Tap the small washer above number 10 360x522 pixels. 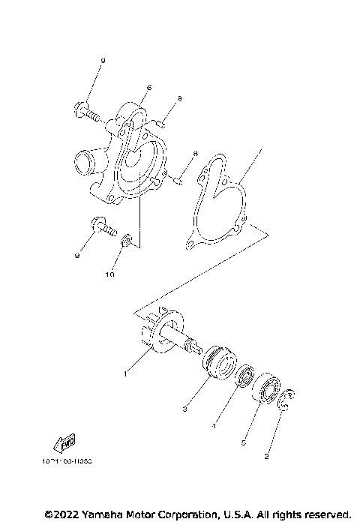(127, 240)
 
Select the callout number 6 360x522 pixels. (149, 88)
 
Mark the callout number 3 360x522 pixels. (184, 408)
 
